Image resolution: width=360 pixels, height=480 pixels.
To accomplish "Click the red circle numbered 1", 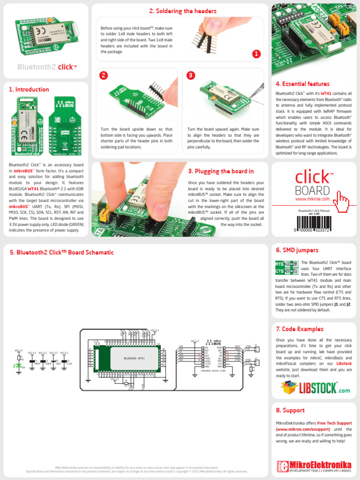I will (256, 54).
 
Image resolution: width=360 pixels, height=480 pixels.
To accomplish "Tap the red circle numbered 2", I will (104, 75).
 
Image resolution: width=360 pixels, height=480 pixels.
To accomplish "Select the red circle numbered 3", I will (190, 75).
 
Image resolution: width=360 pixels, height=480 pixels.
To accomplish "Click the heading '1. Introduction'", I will (29, 90).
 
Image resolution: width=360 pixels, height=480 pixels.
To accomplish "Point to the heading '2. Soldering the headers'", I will (183, 11).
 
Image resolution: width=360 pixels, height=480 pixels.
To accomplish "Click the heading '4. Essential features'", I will (302, 84).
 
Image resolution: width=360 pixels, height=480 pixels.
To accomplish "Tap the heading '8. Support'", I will (290, 410).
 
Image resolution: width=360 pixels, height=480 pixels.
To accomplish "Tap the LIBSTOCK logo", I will (315, 387).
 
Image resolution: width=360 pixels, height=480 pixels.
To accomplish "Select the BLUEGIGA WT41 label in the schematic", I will (134, 358).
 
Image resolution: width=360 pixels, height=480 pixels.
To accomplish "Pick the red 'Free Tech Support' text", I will (334, 423).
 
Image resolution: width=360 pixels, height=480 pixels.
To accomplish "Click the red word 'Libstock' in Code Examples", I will (344, 363).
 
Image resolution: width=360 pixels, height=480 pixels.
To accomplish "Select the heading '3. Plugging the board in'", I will (221, 172).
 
